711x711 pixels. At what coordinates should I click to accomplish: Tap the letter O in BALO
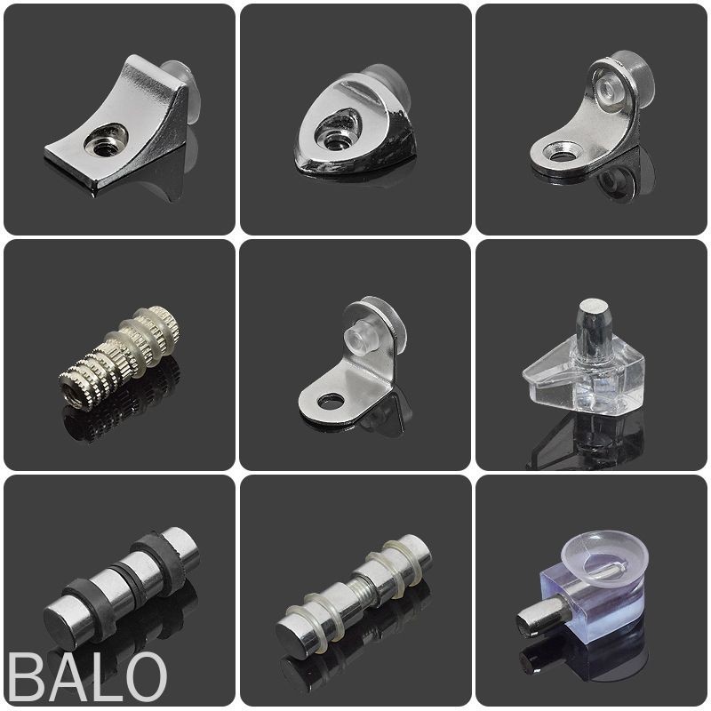coord(143,677)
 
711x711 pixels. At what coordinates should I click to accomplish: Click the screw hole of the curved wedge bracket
coord(106,139)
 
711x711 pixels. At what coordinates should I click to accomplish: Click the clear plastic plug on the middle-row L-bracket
coord(358,337)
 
